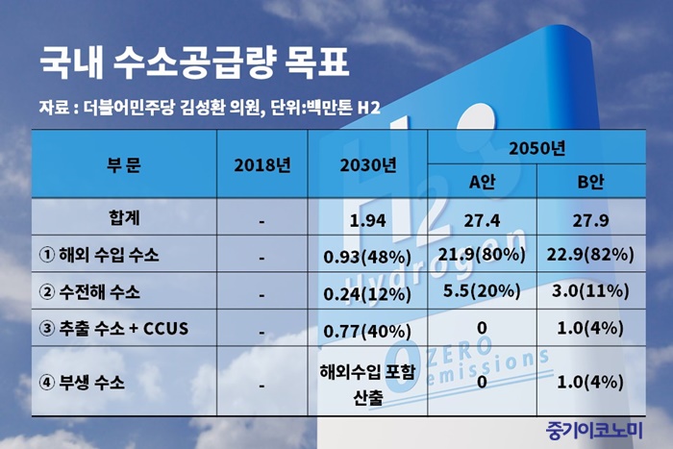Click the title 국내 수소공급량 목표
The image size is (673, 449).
pos(193,63)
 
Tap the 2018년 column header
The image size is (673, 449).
pos(262,165)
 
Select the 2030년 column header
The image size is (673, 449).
pos(368,165)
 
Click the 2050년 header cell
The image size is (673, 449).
pos(536,148)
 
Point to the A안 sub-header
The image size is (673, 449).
pos(482,182)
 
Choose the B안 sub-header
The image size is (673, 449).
pos(590,182)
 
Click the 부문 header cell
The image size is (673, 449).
pos(124,165)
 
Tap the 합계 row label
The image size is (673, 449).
pos(124,217)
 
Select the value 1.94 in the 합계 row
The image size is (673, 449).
pos(368,220)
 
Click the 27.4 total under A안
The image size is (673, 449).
pos(482,220)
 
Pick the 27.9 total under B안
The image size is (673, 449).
pos(590,220)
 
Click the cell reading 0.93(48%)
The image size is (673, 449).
pos(367,257)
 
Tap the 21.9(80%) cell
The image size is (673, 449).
pos(482,255)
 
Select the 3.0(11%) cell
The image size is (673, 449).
pos(590,291)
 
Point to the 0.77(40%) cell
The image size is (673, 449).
pos(367,332)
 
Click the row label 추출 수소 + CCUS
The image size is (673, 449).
pos(113,329)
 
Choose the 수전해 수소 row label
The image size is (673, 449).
pos(89,292)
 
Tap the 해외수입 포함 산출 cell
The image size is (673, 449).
pos(367,385)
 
